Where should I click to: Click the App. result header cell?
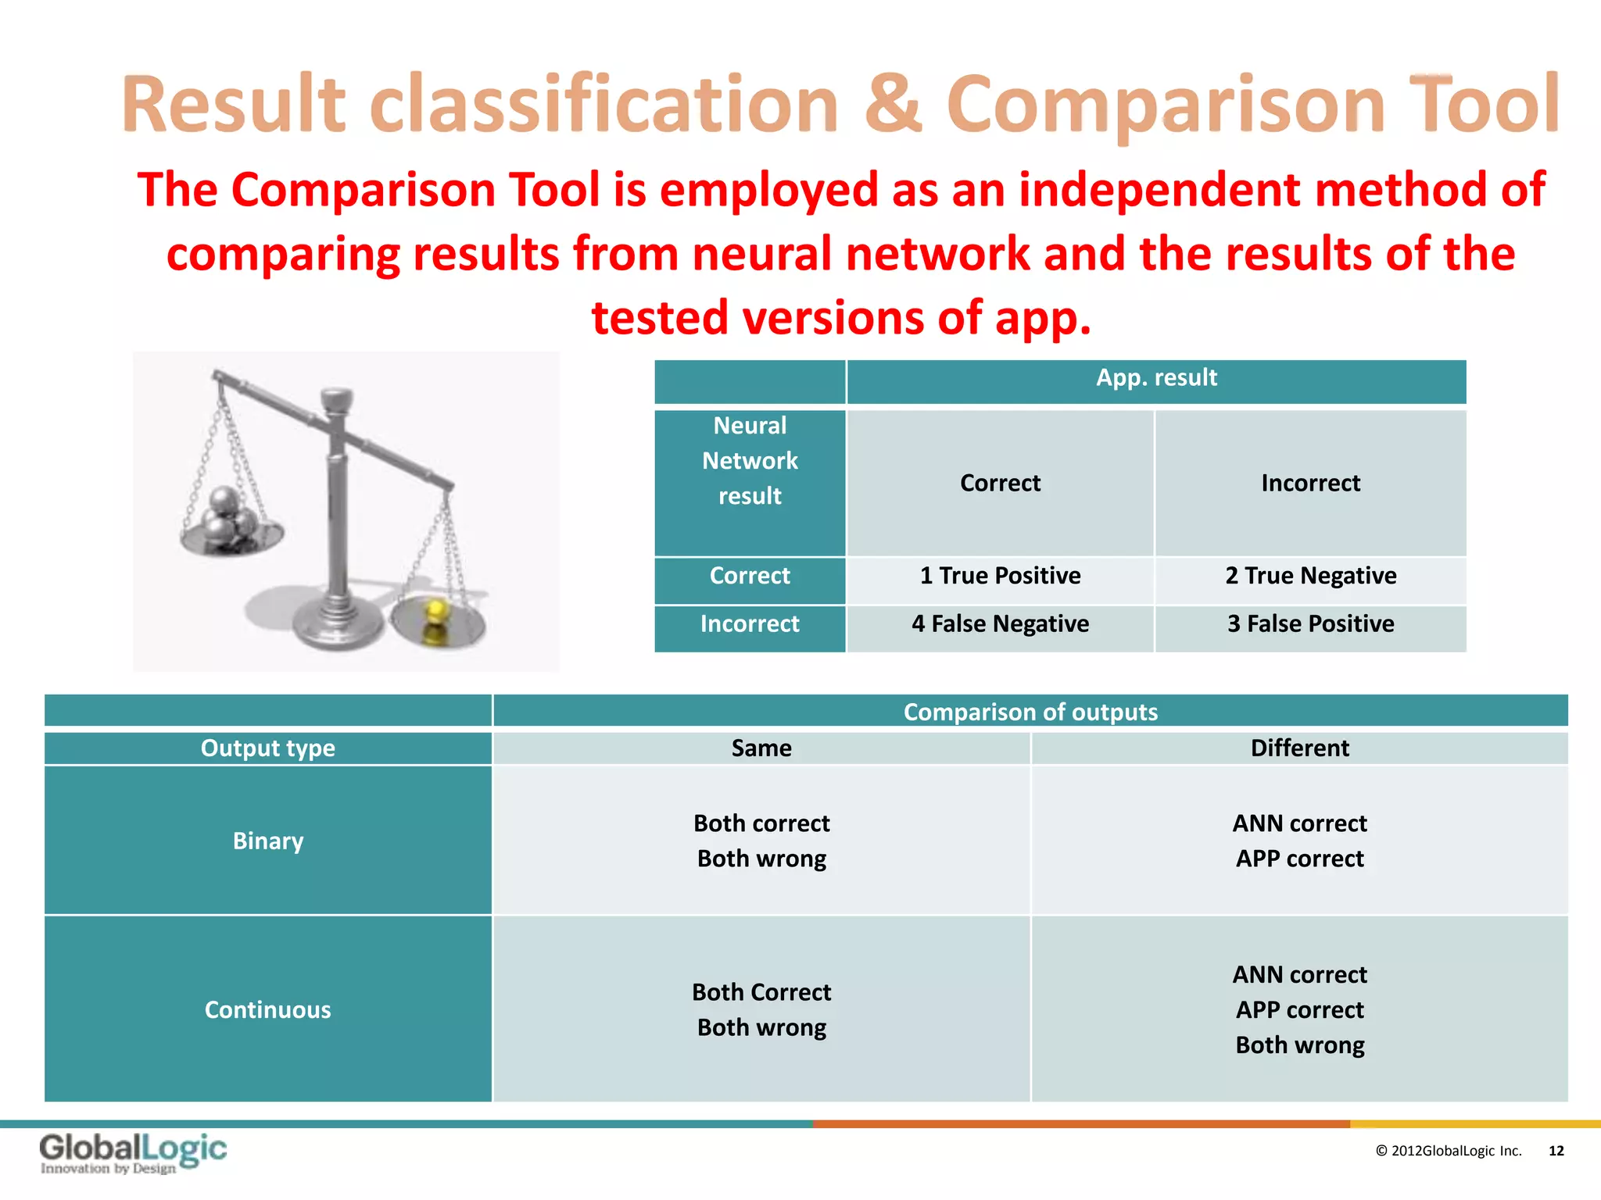pyautogui.click(x=1155, y=379)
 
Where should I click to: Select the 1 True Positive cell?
pyautogui.click(x=1000, y=577)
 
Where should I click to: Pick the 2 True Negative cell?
pyautogui.click(x=1310, y=577)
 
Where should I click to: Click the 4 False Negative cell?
pyautogui.click(x=1000, y=624)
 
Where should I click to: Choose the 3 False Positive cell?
pyautogui.click(x=1310, y=624)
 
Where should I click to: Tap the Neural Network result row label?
pyautogui.click(x=750, y=462)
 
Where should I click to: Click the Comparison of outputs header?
pyautogui.click(x=1030, y=712)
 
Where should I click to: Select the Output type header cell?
pyautogui.click(x=267, y=748)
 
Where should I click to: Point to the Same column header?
pyautogui.click(x=761, y=748)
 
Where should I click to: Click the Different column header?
pyautogui.click(x=1299, y=748)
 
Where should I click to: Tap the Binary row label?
pyautogui.click(x=267, y=841)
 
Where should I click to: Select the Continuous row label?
pyautogui.click(x=267, y=1009)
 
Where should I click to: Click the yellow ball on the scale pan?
pyautogui.click(x=435, y=610)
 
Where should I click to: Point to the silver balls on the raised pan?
pyautogui.click(x=229, y=515)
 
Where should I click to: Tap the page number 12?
pyautogui.click(x=1556, y=1151)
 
